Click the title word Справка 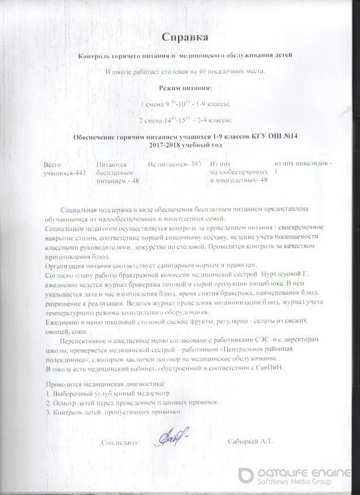[185, 37]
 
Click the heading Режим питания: [185, 88]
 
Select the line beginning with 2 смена [185, 120]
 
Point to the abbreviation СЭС [264, 337]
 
